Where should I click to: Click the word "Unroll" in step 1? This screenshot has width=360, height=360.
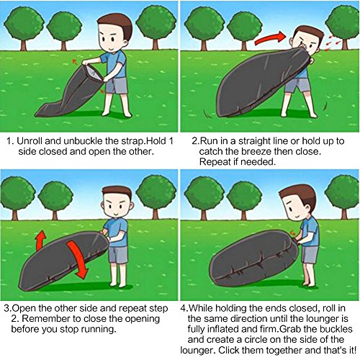30,141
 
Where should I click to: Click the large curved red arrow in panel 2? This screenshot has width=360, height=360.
270,38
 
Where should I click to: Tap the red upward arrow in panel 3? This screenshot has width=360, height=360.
40,240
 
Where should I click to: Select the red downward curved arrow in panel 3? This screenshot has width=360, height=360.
78,259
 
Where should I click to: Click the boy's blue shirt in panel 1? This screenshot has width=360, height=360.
114,65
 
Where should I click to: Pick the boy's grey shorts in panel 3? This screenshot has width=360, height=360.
118,254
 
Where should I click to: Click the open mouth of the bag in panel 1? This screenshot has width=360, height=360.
93,73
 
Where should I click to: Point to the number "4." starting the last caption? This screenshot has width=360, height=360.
184,308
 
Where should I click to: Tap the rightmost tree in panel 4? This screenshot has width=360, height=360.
343,196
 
